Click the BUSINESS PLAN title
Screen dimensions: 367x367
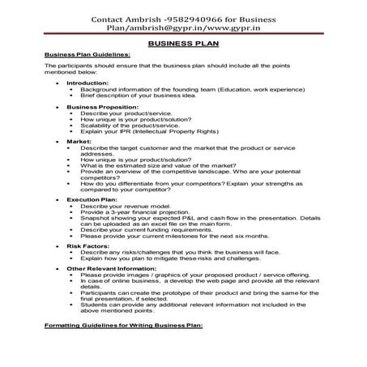(182, 48)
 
